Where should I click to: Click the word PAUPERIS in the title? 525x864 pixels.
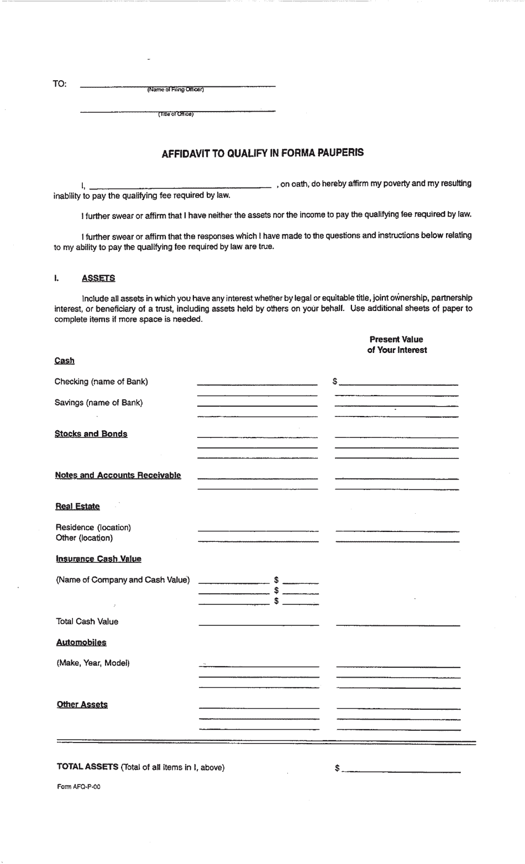(339, 152)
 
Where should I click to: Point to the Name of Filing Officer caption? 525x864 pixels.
(175, 90)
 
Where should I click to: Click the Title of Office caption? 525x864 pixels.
(176, 114)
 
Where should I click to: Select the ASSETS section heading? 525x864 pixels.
(98, 278)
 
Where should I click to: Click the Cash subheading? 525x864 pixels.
(64, 361)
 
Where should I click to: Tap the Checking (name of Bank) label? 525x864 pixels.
(101, 381)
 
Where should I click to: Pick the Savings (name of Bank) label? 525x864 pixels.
(98, 402)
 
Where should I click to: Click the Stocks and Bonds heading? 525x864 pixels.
(91, 434)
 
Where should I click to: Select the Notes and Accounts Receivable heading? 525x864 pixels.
(118, 475)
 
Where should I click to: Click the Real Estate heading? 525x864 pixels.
(77, 507)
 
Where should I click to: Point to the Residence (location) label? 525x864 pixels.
(93, 527)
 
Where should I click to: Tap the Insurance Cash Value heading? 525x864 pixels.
(98, 559)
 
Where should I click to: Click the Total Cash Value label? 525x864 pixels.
(87, 621)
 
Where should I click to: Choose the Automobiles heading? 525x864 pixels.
(81, 642)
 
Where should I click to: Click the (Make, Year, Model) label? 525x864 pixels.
(93, 663)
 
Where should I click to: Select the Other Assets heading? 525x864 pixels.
(82, 704)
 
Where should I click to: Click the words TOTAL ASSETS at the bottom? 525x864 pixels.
(87, 767)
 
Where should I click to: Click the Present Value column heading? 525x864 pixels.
(396, 339)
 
